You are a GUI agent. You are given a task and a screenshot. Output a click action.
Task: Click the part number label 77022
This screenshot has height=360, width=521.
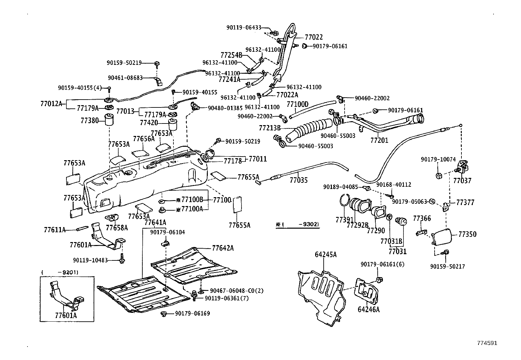[x=314, y=37]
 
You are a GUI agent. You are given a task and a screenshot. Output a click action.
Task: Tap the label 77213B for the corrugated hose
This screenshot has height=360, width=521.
[x=270, y=128]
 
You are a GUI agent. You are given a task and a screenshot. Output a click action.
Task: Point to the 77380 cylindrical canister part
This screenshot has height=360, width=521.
[x=109, y=120]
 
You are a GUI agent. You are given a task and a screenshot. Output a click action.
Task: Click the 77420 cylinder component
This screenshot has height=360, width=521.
[x=172, y=124]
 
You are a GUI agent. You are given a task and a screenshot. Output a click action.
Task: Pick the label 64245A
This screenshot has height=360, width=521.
[x=326, y=255]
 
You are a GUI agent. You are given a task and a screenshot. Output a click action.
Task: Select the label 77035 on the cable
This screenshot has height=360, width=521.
[x=299, y=180]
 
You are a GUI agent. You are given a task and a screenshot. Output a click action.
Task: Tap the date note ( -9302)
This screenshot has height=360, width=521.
[x=297, y=224]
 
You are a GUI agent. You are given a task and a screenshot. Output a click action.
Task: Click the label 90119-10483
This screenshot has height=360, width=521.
[x=90, y=260]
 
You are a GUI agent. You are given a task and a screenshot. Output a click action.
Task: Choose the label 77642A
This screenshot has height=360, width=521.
[x=223, y=248]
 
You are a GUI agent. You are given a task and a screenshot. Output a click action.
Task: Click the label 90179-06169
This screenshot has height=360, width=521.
[x=192, y=313]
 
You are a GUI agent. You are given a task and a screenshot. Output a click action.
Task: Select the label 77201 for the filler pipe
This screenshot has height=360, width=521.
[x=379, y=140]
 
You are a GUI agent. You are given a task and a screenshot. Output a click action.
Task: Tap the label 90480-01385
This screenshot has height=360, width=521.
[x=225, y=108]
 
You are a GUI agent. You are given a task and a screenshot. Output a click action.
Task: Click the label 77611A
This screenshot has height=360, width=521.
[x=55, y=230]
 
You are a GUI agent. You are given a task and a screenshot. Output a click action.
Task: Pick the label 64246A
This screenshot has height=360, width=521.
[x=368, y=310]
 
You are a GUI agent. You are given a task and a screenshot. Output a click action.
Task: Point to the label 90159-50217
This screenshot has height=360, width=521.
[x=447, y=267]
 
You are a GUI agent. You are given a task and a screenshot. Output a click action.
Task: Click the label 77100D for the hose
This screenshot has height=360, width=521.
[x=297, y=104]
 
